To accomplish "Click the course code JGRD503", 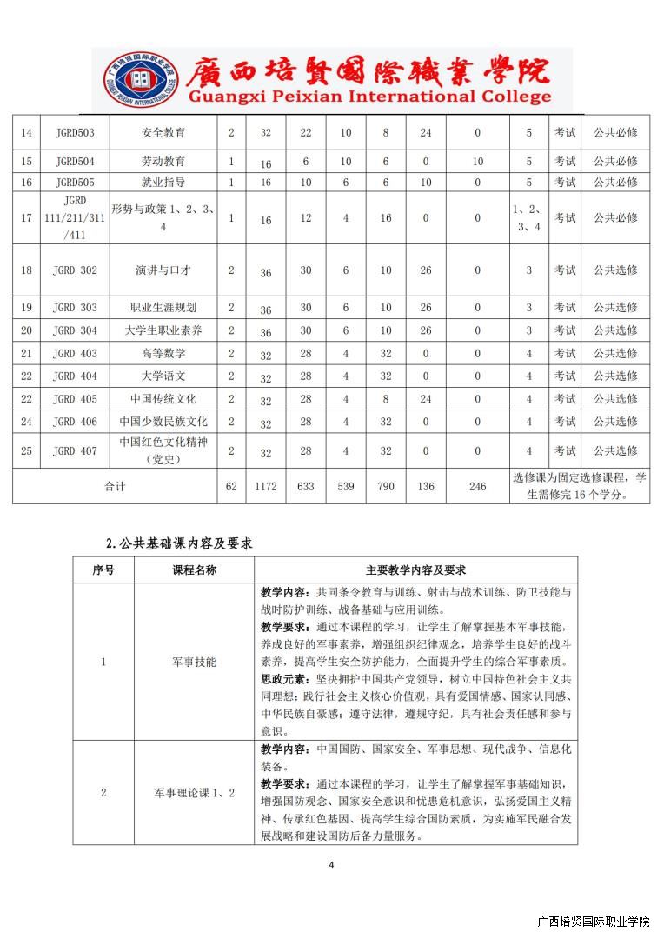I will point(75,132).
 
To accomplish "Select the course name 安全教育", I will point(163,132).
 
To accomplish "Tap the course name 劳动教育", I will point(163,161).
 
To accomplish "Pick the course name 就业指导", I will point(163,182).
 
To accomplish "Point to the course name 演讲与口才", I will point(163,270).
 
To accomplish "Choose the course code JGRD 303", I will point(75,307).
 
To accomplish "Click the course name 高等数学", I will point(163,353).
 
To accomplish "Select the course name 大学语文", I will point(163,376).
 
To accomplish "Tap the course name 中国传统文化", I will point(163,398).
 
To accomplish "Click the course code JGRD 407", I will point(75,450).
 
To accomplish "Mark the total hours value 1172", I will point(266,487).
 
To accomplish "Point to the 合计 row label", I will point(115,487).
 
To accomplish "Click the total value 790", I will point(386,487).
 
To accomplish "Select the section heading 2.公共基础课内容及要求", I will point(179,543).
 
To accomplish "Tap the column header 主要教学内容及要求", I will point(415,570).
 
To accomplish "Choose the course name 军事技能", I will point(194,662).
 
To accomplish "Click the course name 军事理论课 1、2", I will point(194,792).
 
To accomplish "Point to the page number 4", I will point(332,864).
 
